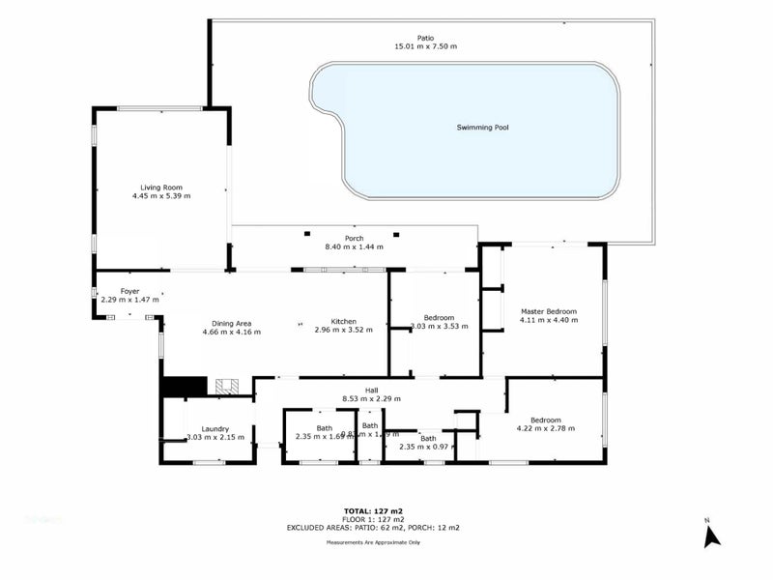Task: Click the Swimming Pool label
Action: tap(482, 128)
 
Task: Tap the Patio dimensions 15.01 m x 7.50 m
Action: tap(425, 46)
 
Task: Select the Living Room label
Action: tap(161, 187)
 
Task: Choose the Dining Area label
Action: tap(231, 323)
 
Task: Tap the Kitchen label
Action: tap(344, 321)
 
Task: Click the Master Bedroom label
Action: tap(548, 311)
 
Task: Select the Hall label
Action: tap(371, 390)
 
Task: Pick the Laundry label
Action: tap(215, 429)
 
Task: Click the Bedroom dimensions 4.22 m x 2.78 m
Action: tap(545, 428)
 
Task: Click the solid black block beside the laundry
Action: tap(183, 386)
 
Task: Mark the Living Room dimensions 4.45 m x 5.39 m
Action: tap(161, 196)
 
